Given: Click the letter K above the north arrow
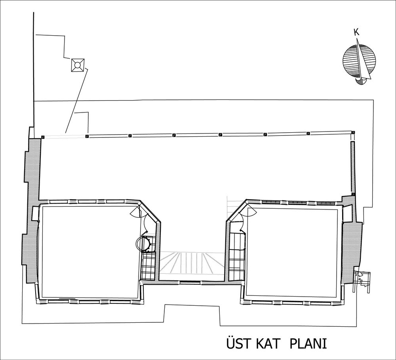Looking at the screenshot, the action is (357, 32).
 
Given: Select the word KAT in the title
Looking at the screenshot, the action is (269, 344).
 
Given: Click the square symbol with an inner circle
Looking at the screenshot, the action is (78, 65).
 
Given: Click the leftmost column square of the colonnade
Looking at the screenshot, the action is (43, 137).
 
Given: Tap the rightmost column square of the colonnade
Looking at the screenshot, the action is (353, 132).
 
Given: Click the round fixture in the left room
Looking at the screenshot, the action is (143, 244).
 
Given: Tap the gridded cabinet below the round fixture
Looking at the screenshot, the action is (148, 266).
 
